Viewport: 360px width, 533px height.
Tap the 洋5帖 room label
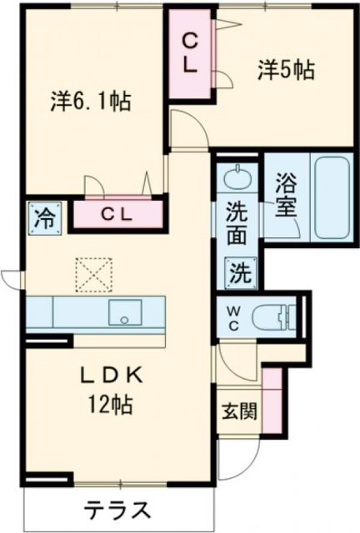point(285,72)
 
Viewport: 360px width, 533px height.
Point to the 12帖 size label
point(112,407)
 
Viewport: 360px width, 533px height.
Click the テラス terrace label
point(117,509)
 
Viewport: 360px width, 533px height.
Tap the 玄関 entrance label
point(239,411)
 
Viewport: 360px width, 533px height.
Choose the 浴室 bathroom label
point(285,193)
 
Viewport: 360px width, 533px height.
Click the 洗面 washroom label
point(237,223)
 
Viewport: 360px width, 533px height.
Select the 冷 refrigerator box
point(42,219)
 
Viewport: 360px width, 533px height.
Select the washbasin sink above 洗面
point(239,178)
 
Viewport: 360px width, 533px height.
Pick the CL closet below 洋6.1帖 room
point(117,214)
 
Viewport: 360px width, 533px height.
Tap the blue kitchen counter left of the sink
point(62,312)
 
